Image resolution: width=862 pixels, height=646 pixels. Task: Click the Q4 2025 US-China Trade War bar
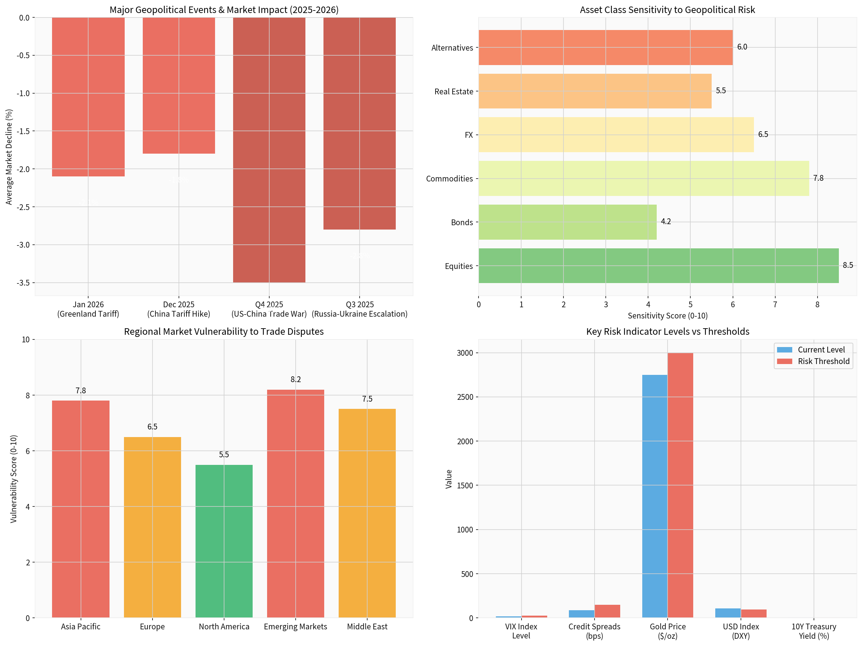click(269, 150)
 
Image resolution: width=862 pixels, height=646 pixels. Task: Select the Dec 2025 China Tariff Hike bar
click(179, 85)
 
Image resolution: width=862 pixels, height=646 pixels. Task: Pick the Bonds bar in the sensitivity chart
click(567, 222)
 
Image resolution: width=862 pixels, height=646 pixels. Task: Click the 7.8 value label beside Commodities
click(818, 178)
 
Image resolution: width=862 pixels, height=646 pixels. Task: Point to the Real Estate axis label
click(454, 91)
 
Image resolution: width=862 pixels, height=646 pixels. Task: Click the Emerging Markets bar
click(295, 503)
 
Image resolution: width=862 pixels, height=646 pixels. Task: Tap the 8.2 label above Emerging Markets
click(295, 379)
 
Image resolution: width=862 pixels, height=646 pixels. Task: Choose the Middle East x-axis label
click(367, 626)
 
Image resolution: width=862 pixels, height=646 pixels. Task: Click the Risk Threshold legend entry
click(823, 361)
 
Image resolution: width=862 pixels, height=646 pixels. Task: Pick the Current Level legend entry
click(821, 350)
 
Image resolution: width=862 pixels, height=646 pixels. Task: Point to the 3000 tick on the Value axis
click(465, 353)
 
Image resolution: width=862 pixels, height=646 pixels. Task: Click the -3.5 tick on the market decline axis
click(23, 283)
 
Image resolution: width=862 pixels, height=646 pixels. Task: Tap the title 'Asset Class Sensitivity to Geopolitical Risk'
click(667, 10)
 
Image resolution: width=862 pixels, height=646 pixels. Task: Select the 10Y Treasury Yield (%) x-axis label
click(814, 631)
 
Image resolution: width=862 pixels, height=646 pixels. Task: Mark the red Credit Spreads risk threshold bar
click(607, 611)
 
